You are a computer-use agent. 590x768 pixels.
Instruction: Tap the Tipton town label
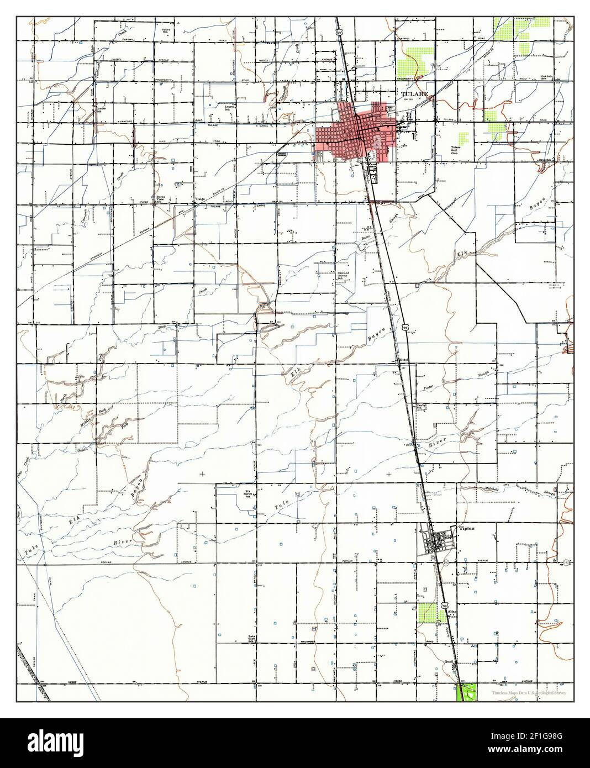coord(467,528)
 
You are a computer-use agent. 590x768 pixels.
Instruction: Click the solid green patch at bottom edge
coord(467,693)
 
